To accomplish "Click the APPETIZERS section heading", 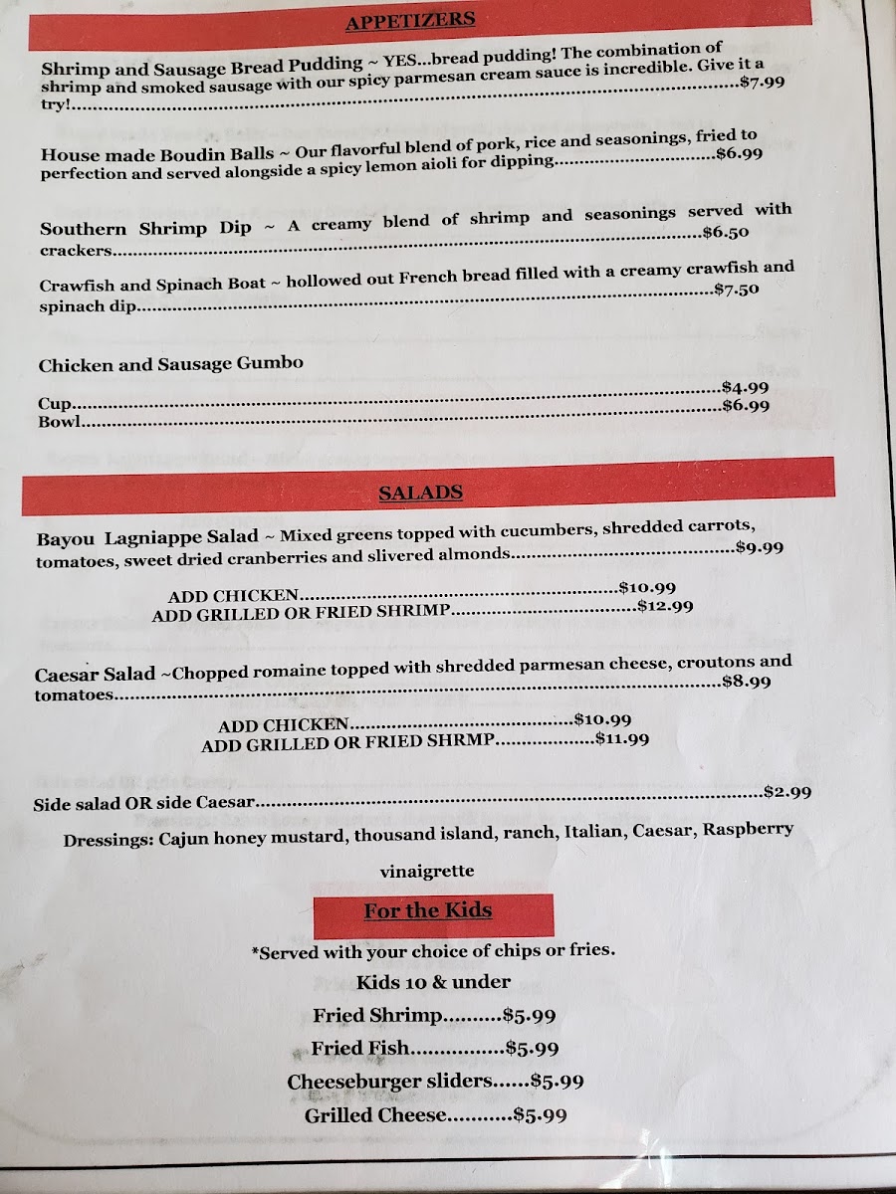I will (x=410, y=21).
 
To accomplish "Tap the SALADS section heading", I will (x=420, y=493).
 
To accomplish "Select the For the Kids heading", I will (x=427, y=910).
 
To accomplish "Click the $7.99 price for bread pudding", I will (x=763, y=83).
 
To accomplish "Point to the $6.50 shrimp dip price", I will (x=726, y=232).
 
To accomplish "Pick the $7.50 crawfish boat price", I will (x=737, y=290).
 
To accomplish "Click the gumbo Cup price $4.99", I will (x=745, y=387).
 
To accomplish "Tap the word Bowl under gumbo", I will (x=58, y=422).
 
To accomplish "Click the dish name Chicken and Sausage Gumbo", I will (x=171, y=365).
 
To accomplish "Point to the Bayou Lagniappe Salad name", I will (x=147, y=538).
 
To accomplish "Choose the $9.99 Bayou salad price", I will (x=760, y=547).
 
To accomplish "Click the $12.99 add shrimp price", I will (x=665, y=605).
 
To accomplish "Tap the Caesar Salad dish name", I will (x=96, y=674).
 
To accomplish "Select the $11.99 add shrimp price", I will (x=622, y=739).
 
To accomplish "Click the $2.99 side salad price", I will (x=786, y=792).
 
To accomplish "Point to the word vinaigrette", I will (x=427, y=872).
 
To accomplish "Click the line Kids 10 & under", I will (x=433, y=982).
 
